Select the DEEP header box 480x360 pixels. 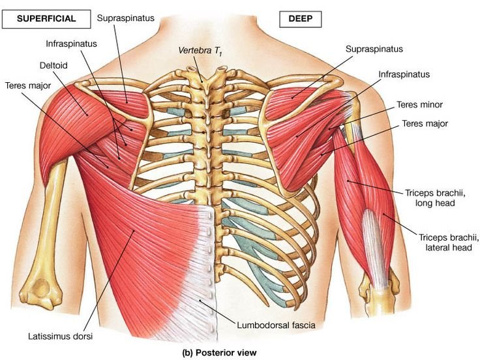[x=300, y=20]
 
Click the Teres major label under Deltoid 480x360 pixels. [x=29, y=85]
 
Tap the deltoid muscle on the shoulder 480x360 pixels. [x=75, y=111]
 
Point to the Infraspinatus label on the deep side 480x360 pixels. [x=404, y=75]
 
